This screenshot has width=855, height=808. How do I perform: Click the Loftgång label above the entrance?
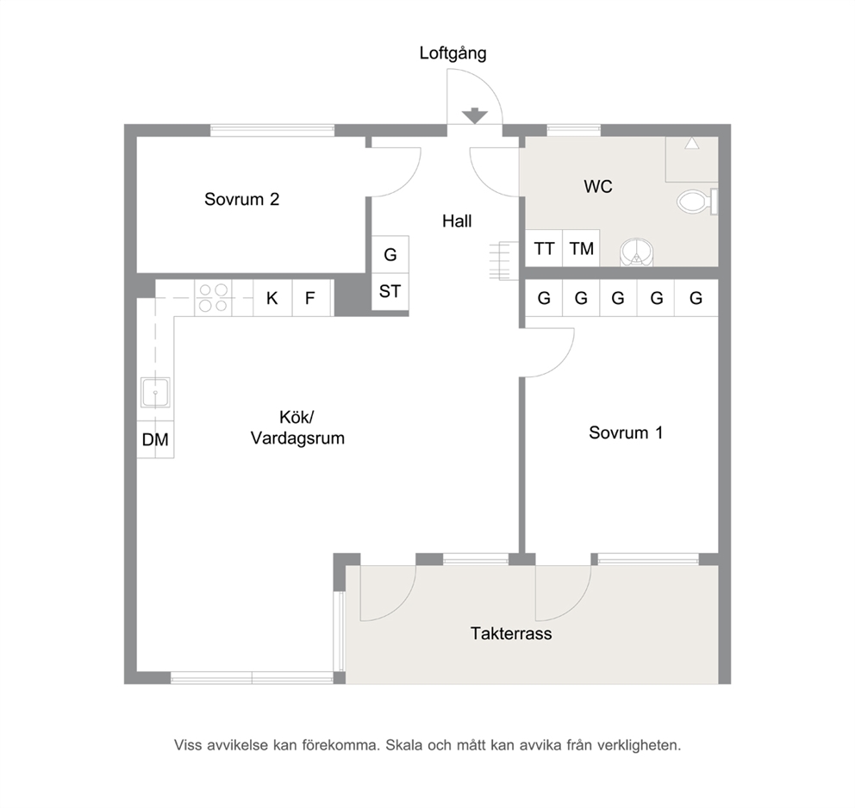pyautogui.click(x=452, y=53)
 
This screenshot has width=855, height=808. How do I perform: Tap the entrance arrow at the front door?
pyautogui.click(x=474, y=115)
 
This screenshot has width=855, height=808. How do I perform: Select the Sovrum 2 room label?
pyautogui.click(x=241, y=199)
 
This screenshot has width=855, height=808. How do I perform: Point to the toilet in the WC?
pyautogui.click(x=697, y=202)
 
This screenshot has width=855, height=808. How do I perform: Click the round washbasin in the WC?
pyautogui.click(x=636, y=252)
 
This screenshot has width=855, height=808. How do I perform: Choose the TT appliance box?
pyautogui.click(x=544, y=248)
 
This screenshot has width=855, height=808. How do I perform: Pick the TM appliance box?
pyautogui.click(x=581, y=248)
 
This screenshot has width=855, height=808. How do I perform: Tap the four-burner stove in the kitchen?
pyautogui.click(x=213, y=297)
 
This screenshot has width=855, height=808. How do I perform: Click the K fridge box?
pyautogui.click(x=272, y=298)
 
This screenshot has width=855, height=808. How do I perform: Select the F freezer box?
pyautogui.click(x=311, y=298)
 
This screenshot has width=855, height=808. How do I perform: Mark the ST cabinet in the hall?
pyautogui.click(x=390, y=291)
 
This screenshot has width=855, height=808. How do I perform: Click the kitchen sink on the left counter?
pyautogui.click(x=155, y=393)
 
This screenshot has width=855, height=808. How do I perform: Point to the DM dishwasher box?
pyautogui.click(x=155, y=439)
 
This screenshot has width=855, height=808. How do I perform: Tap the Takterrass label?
pyautogui.click(x=511, y=634)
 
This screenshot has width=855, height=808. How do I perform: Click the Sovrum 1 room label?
pyautogui.click(x=626, y=432)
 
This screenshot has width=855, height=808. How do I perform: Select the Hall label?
pyautogui.click(x=457, y=221)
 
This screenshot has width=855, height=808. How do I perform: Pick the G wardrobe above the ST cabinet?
pyautogui.click(x=390, y=254)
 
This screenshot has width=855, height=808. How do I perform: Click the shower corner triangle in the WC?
pyautogui.click(x=692, y=143)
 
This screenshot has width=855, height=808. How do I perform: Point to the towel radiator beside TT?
pyautogui.click(x=503, y=261)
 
